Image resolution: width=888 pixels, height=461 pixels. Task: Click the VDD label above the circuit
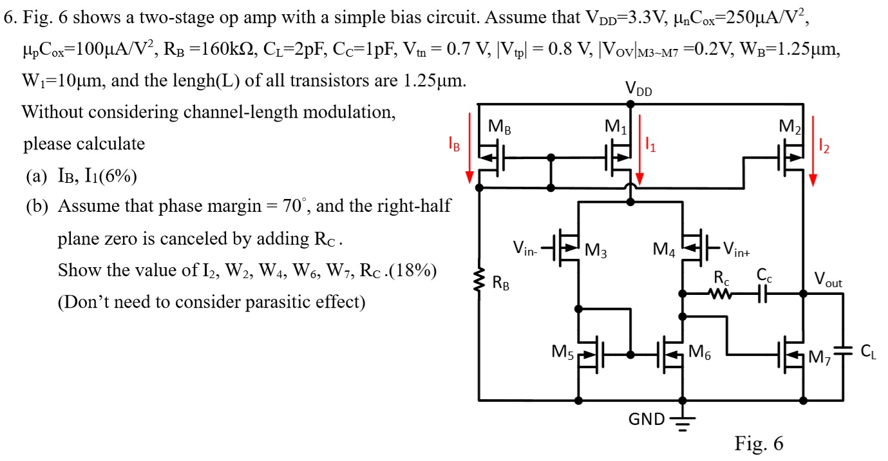tap(639, 91)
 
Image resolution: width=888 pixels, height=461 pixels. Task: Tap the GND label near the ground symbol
tap(647, 420)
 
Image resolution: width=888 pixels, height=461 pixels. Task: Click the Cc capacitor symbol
tap(764, 294)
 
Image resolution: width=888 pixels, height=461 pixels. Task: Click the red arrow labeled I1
tap(639, 148)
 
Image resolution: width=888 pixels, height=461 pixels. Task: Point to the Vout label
tap(827, 279)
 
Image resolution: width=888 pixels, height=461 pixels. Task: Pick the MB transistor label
tap(500, 127)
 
